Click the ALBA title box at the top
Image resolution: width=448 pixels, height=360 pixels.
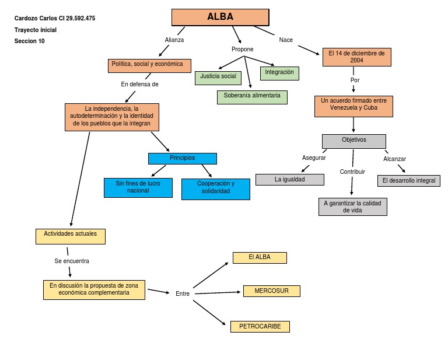pyautogui.click(x=220, y=18)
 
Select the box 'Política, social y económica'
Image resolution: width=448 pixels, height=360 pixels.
pyautogui.click(x=149, y=65)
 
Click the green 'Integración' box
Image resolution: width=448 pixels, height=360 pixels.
pyautogui.click(x=279, y=74)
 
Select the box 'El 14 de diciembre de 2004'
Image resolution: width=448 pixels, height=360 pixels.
pyautogui.click(x=356, y=57)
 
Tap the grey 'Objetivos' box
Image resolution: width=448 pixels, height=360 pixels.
pyautogui.click(x=353, y=141)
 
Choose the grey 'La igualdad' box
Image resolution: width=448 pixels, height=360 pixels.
pyautogui.click(x=289, y=180)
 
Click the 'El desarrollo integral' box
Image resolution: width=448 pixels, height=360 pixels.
pyautogui.click(x=408, y=181)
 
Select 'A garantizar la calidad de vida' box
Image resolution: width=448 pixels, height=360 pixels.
pyautogui.click(x=352, y=207)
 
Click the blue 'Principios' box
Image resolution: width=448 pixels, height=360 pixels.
pyautogui.click(x=182, y=159)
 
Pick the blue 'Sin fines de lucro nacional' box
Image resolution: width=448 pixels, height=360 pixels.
pyautogui.click(x=138, y=187)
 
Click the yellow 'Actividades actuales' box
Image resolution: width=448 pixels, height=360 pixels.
pyautogui.click(x=70, y=236)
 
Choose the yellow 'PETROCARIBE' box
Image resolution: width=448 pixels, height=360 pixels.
pyautogui.click(x=260, y=327)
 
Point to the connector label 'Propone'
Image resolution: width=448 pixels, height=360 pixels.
pyautogui.click(x=242, y=50)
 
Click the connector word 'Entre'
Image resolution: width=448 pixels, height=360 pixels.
pyautogui.click(x=183, y=293)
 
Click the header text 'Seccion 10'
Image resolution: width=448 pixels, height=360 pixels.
pyautogui.click(x=29, y=41)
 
